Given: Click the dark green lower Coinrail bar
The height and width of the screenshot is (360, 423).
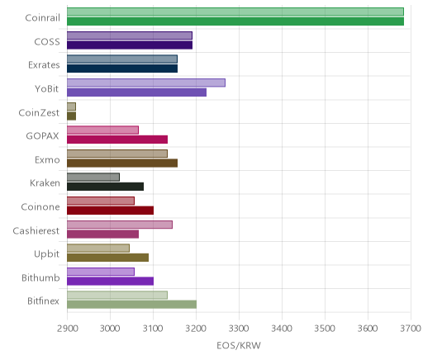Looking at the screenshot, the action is click(235, 21).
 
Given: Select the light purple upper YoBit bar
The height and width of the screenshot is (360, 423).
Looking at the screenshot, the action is click(146, 83).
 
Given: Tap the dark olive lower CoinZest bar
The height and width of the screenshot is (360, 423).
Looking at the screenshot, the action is click(72, 116).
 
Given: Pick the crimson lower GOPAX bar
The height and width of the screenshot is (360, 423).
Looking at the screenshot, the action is click(117, 140).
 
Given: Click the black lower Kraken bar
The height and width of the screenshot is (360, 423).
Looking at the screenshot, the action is click(106, 187).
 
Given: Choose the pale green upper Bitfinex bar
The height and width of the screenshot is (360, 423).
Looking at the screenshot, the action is click(117, 296).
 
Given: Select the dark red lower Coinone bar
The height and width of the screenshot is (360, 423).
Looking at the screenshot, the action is click(111, 211).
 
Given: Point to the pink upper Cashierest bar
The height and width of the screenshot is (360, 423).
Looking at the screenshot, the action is click(120, 225).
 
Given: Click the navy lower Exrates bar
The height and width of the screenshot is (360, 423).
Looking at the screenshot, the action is click(122, 69).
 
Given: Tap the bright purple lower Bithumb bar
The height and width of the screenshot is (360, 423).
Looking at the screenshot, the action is click(111, 282).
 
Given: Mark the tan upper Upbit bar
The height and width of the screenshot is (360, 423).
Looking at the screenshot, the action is click(98, 249).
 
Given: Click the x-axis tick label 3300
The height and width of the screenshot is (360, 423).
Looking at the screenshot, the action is click(239, 329).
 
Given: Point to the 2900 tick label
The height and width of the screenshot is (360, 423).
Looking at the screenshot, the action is click(68, 329).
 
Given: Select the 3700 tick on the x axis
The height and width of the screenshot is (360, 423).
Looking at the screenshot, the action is click(411, 329).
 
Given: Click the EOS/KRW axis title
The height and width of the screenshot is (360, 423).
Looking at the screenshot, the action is click(239, 346).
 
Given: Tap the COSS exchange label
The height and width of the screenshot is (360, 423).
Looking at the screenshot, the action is click(47, 42).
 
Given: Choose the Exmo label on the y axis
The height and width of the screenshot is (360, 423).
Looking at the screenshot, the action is click(47, 160).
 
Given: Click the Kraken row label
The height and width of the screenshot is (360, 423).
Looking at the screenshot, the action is click(45, 183).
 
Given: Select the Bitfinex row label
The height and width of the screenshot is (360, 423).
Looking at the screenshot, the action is click(44, 301).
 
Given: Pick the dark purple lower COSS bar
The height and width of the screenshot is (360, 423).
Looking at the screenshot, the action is click(130, 45).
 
